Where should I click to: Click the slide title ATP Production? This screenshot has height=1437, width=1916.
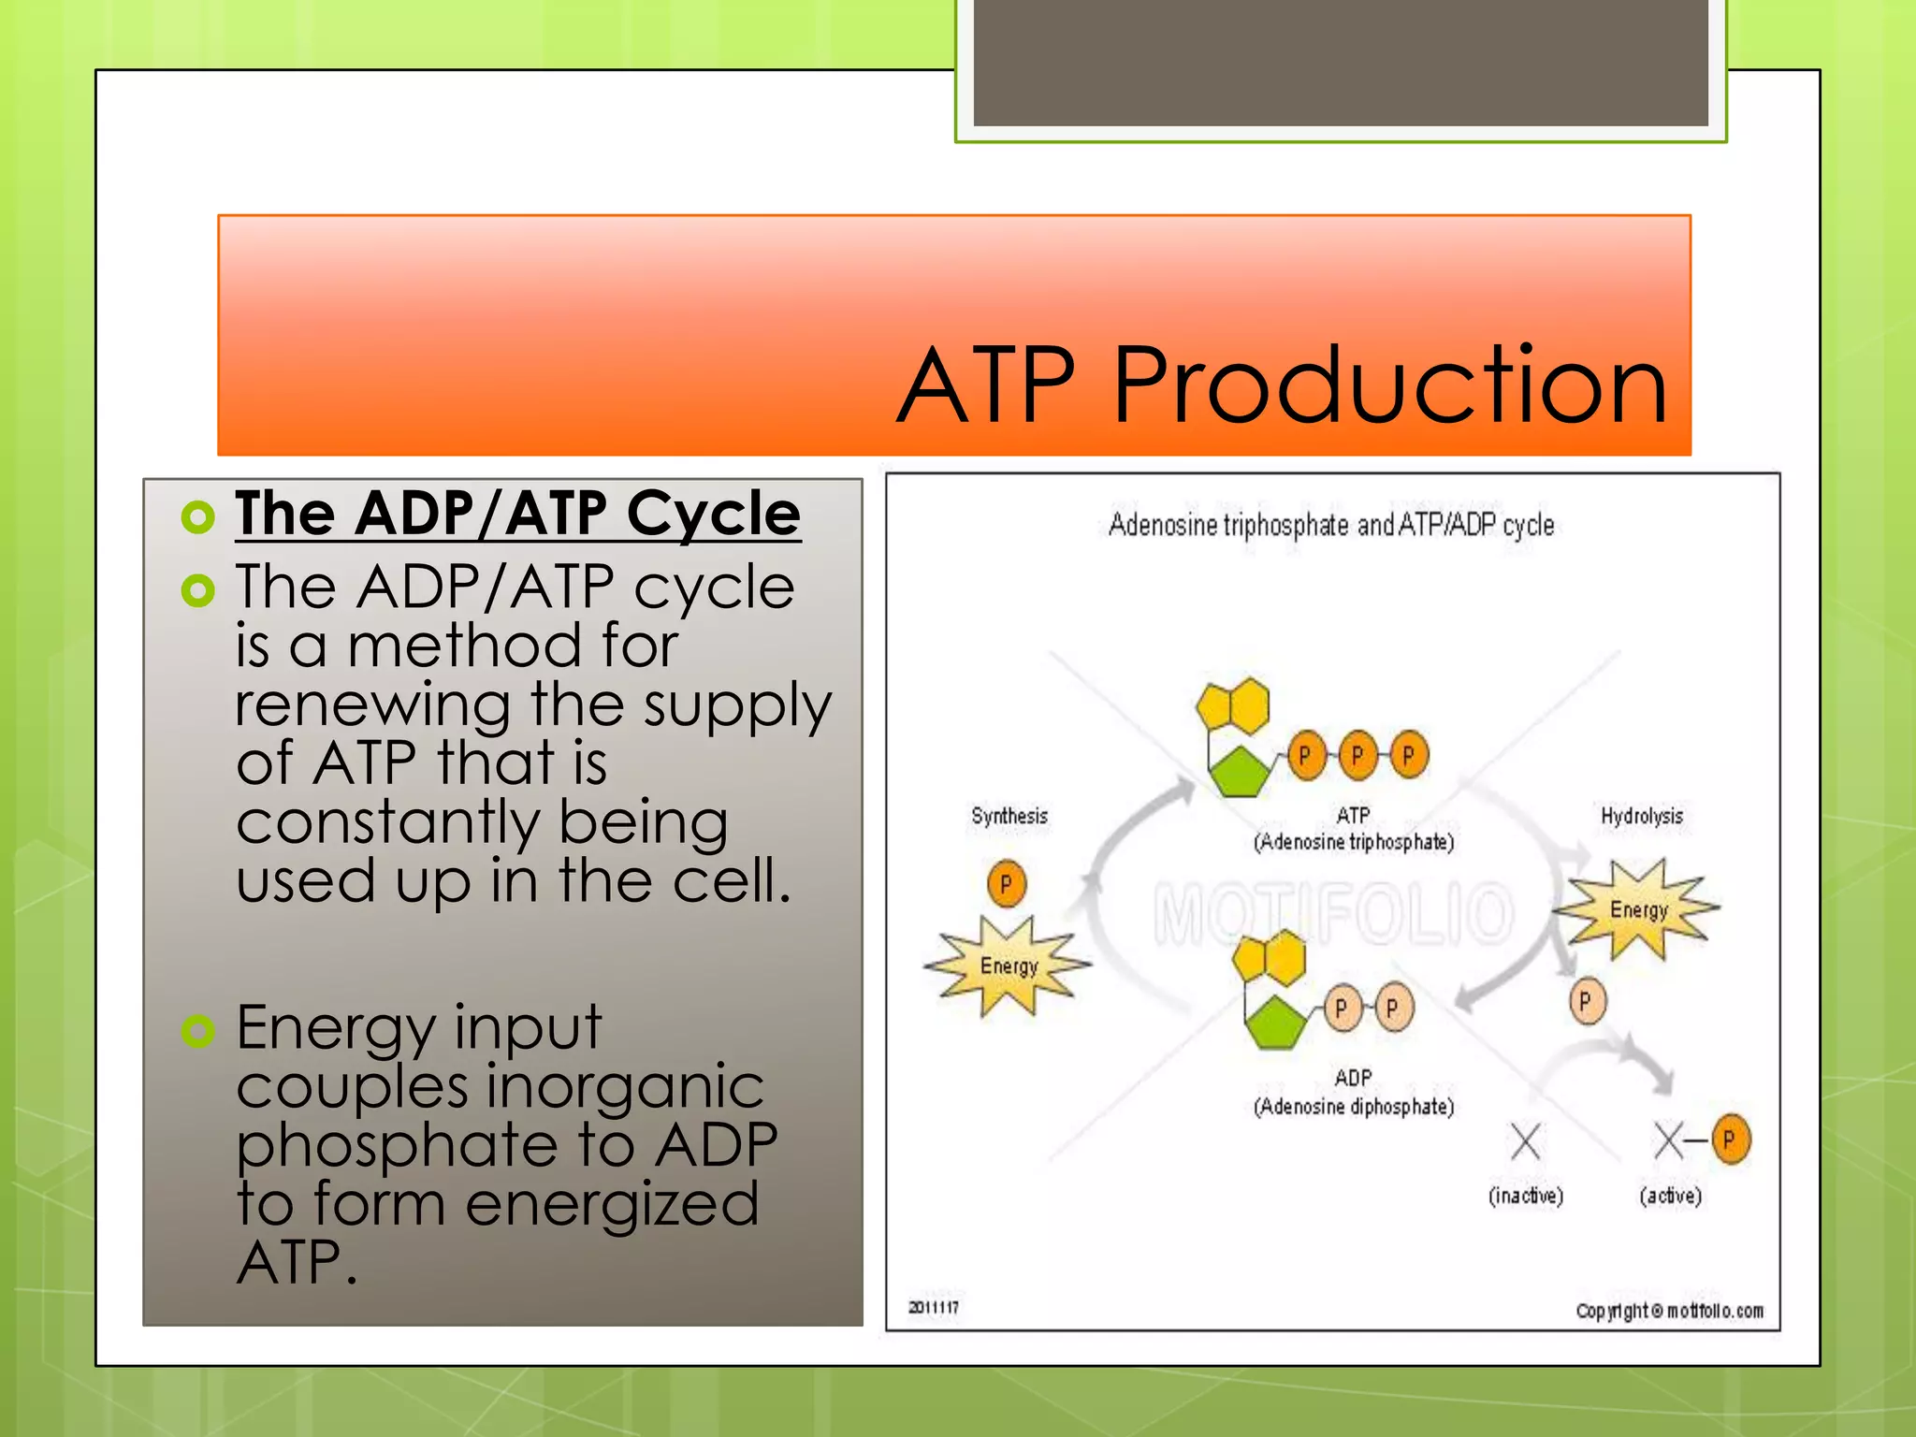[x=1282, y=385]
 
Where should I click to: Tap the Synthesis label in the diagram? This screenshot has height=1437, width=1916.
[x=1009, y=816]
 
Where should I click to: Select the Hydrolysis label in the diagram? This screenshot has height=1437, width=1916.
[x=1641, y=816]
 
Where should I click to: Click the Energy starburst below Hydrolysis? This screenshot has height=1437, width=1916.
[x=1637, y=909]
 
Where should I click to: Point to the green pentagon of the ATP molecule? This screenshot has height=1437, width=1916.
[x=1239, y=772]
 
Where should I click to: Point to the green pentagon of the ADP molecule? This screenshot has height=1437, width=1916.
[x=1274, y=1023]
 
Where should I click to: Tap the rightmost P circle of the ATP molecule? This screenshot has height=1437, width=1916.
[x=1408, y=755]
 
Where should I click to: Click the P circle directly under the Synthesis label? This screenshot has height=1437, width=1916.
[x=1007, y=883]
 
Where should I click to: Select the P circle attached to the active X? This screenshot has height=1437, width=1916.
[x=1730, y=1139]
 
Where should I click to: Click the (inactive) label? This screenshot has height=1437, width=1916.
[x=1525, y=1196]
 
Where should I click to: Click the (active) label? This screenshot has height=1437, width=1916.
[x=1670, y=1196]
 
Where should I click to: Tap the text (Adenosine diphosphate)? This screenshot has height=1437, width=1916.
[x=1354, y=1107]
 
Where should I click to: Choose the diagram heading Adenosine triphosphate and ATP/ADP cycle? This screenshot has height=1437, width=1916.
[x=1330, y=526]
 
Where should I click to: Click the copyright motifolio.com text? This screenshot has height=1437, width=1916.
[x=1669, y=1311]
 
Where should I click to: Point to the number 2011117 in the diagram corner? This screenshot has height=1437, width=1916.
[x=934, y=1307]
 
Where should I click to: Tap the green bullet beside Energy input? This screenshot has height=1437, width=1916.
[x=198, y=1030]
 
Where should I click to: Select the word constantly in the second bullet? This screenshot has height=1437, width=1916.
[x=387, y=822]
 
